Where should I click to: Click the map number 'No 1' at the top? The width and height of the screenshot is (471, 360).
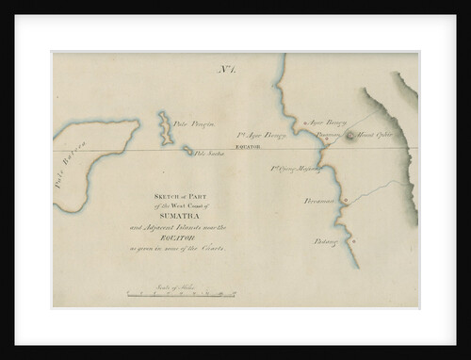225,71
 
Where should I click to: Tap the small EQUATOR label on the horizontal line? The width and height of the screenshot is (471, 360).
247,149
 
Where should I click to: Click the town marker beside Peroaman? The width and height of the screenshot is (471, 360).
345,199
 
